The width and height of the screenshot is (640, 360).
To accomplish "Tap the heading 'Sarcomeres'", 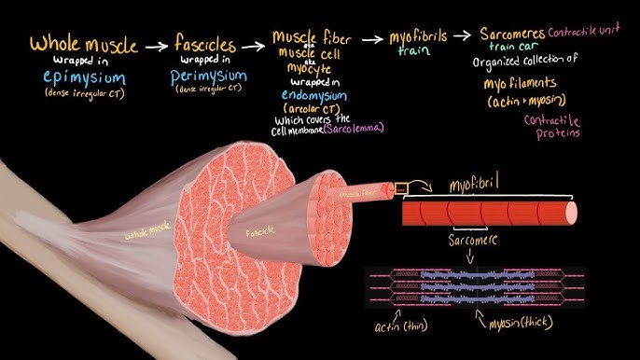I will pyautogui.click(x=512, y=35).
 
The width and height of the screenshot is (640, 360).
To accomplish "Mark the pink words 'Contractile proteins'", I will pyautogui.click(x=552, y=127).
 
